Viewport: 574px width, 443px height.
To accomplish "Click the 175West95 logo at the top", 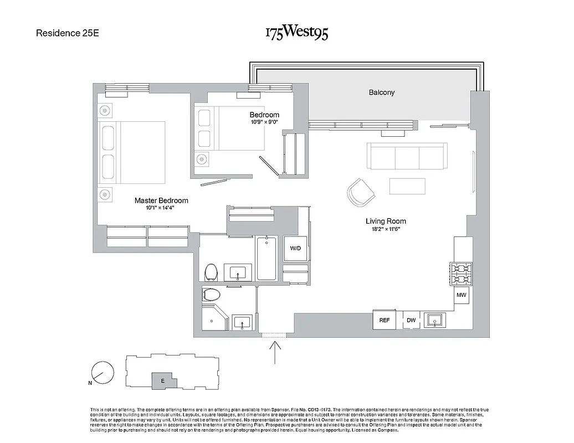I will point(296,33).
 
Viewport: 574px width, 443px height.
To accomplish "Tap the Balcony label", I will point(382,92).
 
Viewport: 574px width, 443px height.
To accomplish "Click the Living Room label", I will point(383,221).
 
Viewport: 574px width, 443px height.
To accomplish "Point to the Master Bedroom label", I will point(161,200).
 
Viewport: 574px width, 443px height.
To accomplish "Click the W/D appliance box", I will point(295,248).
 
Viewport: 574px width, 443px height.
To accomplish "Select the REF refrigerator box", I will point(385,320).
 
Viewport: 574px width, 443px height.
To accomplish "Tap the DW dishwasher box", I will point(411,320).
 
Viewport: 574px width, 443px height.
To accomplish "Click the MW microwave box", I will point(462,296).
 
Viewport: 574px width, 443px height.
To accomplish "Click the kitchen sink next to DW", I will point(435,320).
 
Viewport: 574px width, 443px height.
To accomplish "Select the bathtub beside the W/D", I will point(266,258).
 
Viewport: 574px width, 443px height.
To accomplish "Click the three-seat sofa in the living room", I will point(407,157).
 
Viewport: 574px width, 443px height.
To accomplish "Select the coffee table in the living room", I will point(407,186).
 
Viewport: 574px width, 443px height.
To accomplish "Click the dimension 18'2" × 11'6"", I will point(383,229).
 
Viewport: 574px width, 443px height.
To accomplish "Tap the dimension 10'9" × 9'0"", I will point(264,122).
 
